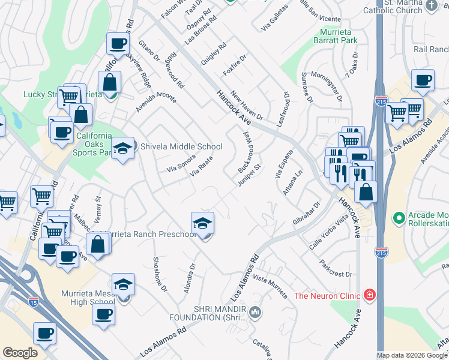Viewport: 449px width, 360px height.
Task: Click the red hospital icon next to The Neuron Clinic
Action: pos(370,295)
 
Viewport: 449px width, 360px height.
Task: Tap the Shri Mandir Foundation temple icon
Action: pos(256,311)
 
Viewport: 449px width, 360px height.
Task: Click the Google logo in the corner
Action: pos(20,353)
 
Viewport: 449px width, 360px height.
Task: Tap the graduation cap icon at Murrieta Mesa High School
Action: pos(123,283)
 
